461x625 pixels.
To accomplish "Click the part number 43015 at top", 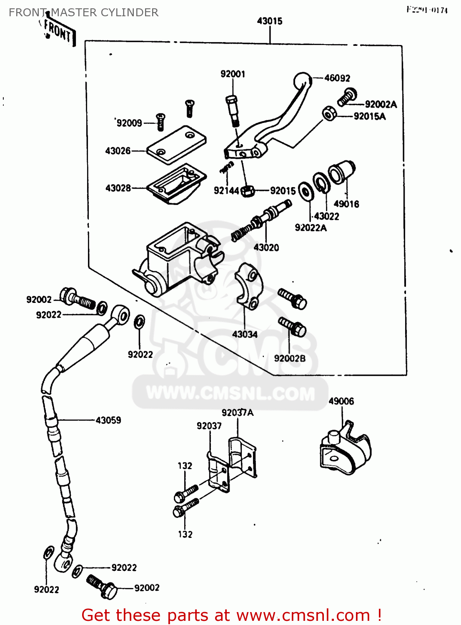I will point(270,21).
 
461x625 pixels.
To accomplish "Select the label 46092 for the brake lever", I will point(337,78).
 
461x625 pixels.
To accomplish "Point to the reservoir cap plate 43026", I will point(177,144).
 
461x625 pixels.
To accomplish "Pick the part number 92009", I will point(129,123).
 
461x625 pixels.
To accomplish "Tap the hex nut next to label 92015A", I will point(329,113).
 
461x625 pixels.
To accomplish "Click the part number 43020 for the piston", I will point(266,247).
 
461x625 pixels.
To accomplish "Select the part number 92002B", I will point(290,358).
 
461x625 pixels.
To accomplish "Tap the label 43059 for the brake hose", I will point(108,420).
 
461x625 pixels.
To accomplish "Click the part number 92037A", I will point(238,413).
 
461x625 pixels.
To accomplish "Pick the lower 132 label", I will point(185,534).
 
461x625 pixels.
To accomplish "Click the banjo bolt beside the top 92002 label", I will point(78,298).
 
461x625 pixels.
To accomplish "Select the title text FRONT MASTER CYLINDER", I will point(83,12).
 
